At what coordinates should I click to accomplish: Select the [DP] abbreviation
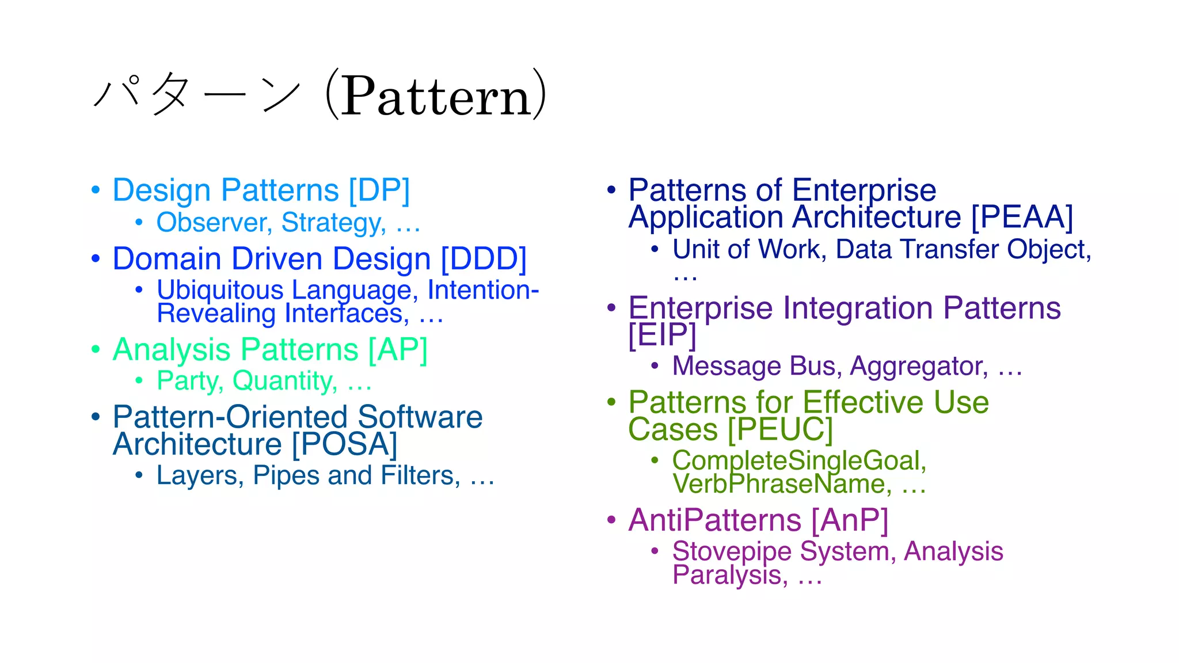coord(379,190)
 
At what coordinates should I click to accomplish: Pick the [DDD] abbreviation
coord(484,259)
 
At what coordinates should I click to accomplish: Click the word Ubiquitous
coord(220,290)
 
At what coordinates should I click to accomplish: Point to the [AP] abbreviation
coord(398,350)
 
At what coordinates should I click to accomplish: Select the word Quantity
coord(284,381)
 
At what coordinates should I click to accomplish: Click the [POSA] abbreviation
coord(344,444)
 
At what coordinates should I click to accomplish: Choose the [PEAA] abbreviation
coord(1022,218)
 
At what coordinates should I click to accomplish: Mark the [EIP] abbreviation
coord(662,335)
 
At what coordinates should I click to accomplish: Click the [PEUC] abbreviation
coord(780,430)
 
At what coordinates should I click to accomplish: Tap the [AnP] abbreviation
coord(850,520)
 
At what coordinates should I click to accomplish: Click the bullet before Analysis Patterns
coord(96,349)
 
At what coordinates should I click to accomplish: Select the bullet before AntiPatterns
coord(612,520)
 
